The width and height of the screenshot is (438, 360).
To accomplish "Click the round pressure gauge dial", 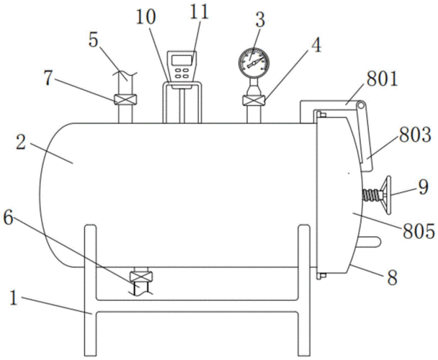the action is pyautogui.click(x=254, y=63).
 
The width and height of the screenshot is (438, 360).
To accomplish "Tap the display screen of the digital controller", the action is pyautogui.click(x=182, y=60).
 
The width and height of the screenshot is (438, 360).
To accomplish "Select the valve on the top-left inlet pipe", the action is pyautogui.click(x=125, y=99).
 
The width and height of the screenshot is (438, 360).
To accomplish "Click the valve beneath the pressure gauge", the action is pyautogui.click(x=254, y=100).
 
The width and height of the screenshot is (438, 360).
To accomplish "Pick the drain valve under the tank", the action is pyautogui.click(x=141, y=276).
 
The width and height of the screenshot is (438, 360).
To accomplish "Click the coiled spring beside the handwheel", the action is pyautogui.click(x=372, y=194).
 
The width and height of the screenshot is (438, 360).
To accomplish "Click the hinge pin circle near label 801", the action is pyautogui.click(x=362, y=105).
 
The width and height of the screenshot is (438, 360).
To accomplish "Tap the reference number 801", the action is pyautogui.click(x=382, y=79).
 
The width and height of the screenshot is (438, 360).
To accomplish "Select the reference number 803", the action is pyautogui.click(x=414, y=135).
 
